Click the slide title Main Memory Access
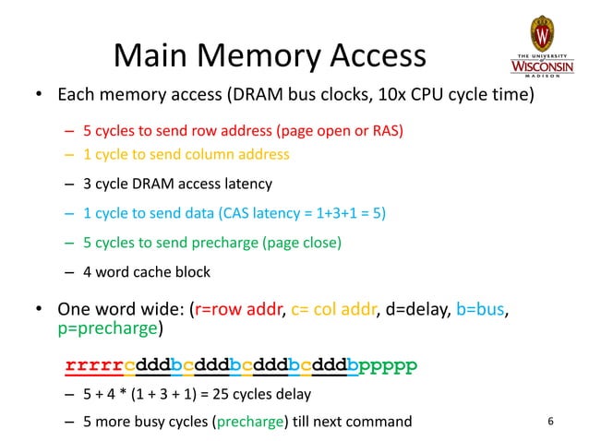pyautogui.click(x=269, y=56)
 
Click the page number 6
pyautogui.click(x=550, y=423)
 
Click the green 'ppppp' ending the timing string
pyautogui.click(x=389, y=367)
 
